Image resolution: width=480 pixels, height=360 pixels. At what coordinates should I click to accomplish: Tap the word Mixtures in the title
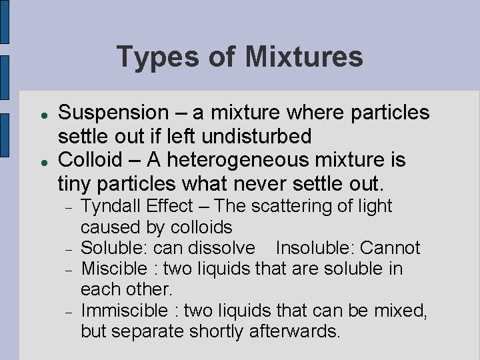(x=303, y=57)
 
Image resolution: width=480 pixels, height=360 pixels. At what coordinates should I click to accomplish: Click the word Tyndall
(x=113, y=206)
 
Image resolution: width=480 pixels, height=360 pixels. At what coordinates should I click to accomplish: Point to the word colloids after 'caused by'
(x=199, y=227)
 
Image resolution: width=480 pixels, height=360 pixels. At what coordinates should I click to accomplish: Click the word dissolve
(x=221, y=248)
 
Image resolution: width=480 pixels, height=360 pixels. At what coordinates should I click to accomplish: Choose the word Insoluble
(x=314, y=248)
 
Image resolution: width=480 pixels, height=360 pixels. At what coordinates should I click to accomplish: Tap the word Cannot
(x=390, y=248)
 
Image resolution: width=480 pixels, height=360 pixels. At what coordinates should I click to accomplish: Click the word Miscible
(x=113, y=269)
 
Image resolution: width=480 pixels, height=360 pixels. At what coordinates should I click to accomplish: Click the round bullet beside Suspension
(x=42, y=114)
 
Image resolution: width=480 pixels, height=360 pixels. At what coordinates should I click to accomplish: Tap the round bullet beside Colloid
(x=42, y=161)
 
